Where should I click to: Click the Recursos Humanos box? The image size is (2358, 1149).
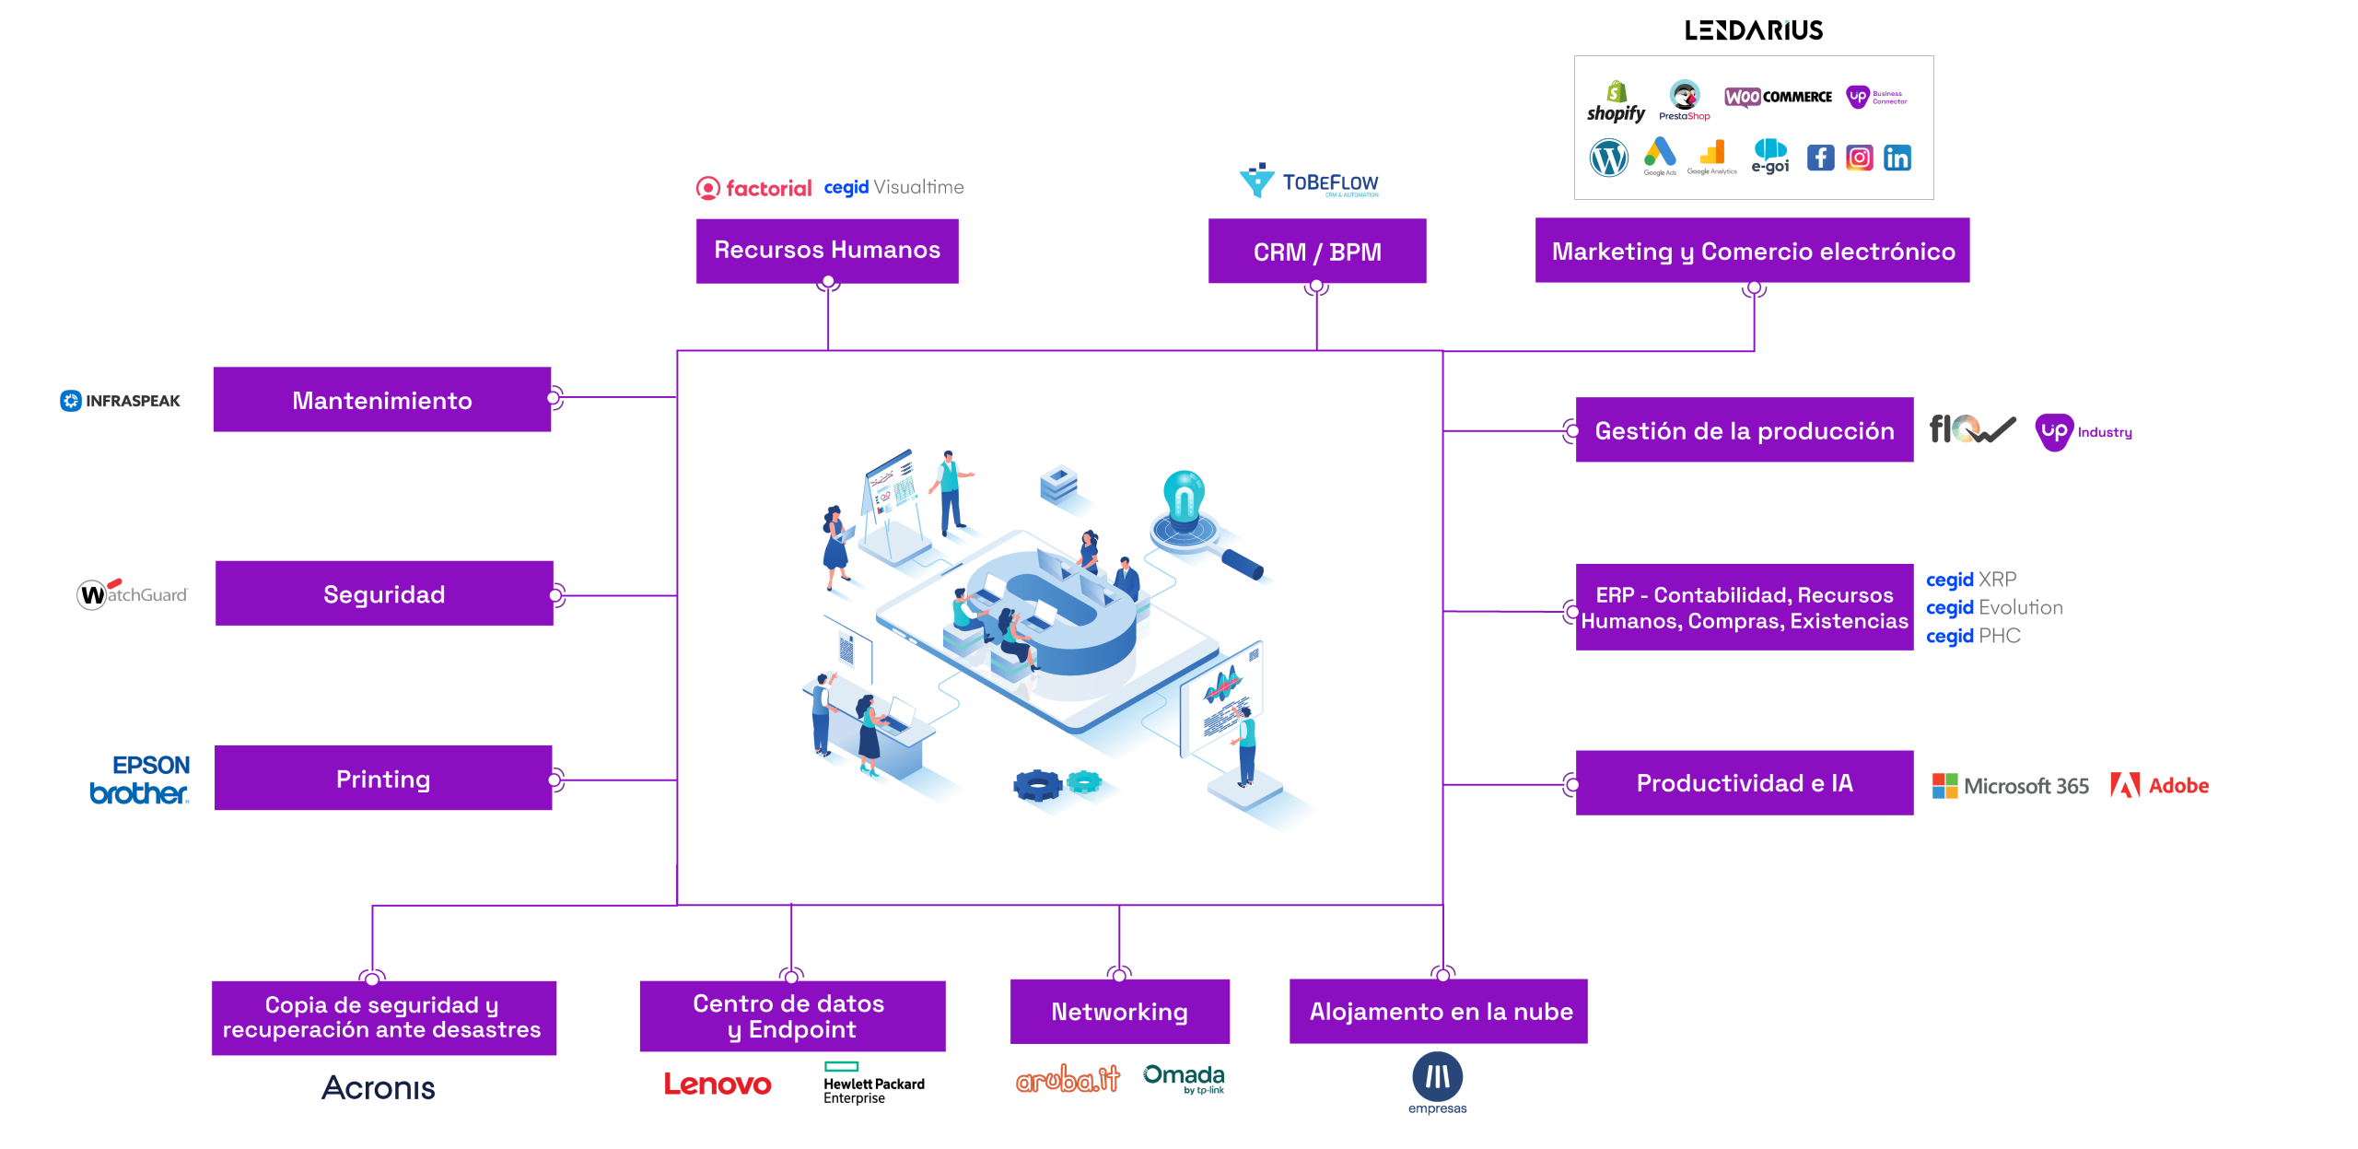coord(826,250)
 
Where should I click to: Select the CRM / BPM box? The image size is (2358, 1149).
coord(1316,251)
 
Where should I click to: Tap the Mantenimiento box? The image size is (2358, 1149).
coord(381,400)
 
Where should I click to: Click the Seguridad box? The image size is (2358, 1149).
coord(384,594)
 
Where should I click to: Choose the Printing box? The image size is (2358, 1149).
coord(383,779)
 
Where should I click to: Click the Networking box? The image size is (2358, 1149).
coord(1119,1011)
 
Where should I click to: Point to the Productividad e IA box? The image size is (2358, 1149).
coord(1744,782)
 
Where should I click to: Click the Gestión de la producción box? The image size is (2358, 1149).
coord(1744,430)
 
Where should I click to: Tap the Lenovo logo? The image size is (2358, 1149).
coord(718,1084)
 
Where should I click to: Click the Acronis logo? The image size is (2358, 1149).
coord(379,1087)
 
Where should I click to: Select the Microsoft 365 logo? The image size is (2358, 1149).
coord(2010,785)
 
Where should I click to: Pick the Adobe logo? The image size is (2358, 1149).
coord(2159,785)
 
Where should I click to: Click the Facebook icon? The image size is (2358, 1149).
coord(1819,158)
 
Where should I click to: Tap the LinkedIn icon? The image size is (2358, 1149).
coord(1897,158)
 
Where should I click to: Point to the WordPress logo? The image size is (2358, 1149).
coord(1608,158)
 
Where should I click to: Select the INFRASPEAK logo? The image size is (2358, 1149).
coord(121,401)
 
